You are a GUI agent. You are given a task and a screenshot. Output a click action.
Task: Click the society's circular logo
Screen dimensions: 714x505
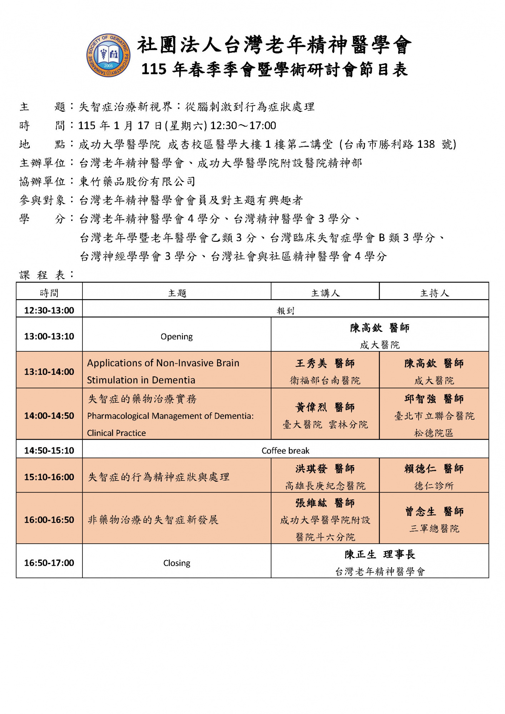click(x=108, y=55)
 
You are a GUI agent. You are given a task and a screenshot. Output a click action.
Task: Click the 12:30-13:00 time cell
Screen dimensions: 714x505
click(x=49, y=310)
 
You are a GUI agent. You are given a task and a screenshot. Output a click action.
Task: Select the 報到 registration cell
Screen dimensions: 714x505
click(x=285, y=311)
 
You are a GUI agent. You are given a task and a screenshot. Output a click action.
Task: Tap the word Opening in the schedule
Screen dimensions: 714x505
click(x=176, y=337)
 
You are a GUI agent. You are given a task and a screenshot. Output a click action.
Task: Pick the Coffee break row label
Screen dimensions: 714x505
click(x=285, y=451)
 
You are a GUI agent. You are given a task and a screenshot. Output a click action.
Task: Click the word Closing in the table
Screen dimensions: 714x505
click(x=176, y=563)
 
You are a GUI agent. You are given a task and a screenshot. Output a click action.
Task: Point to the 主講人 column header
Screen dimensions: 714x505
click(x=325, y=293)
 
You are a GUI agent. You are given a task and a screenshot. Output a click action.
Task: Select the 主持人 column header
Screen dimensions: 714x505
click(x=434, y=293)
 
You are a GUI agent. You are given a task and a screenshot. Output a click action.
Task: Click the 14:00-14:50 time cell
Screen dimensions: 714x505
click(x=49, y=416)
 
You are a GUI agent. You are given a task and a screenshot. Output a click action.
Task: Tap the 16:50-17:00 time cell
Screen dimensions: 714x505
click(x=49, y=563)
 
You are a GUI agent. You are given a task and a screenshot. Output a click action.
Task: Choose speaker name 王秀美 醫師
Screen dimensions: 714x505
click(x=325, y=363)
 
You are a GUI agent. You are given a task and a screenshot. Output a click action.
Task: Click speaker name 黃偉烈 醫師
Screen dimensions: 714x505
click(x=325, y=407)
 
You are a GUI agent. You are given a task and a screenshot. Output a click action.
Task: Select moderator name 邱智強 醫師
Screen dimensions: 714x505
click(x=434, y=399)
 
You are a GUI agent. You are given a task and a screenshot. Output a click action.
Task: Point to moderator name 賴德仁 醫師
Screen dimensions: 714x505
click(x=434, y=468)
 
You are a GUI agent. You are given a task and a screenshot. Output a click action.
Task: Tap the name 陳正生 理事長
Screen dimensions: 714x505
click(x=380, y=554)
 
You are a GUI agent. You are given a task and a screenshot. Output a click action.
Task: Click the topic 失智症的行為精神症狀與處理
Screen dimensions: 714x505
click(x=159, y=477)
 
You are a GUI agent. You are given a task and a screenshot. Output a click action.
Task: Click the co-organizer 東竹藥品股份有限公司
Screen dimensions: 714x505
click(x=137, y=182)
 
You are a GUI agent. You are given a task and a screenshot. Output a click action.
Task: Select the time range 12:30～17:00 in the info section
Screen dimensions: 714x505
click(x=243, y=126)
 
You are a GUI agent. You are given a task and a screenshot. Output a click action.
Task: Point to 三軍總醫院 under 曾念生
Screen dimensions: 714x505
click(x=434, y=528)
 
